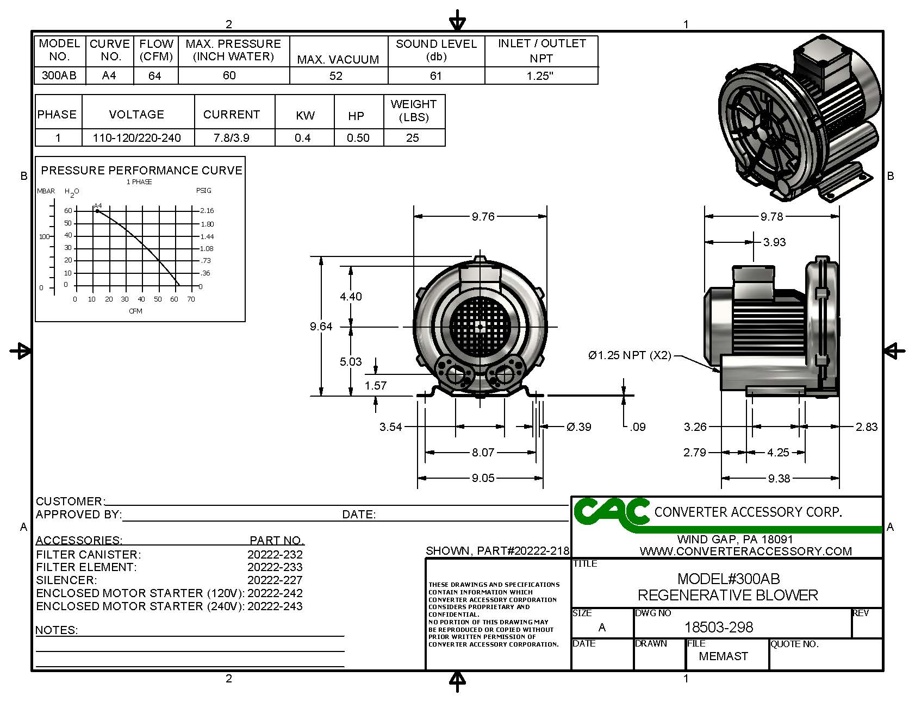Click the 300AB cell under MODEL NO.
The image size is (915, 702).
click(x=59, y=76)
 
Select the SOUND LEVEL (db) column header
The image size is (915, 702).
click(x=436, y=50)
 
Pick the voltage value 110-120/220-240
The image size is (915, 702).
click(x=136, y=138)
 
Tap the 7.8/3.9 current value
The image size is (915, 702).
click(x=232, y=138)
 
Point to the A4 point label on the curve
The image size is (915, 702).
click(x=98, y=205)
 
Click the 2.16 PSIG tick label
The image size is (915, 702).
click(x=207, y=211)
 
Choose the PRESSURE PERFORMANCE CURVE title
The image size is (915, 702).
click(x=141, y=171)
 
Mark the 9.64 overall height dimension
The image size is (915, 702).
click(x=321, y=327)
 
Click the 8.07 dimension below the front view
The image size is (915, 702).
click(x=483, y=452)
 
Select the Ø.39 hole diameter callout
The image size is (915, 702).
click(x=578, y=427)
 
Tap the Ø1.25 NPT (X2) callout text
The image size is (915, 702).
click(x=630, y=355)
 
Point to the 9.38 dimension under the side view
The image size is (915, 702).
click(x=779, y=479)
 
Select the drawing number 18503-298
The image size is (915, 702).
click(x=718, y=628)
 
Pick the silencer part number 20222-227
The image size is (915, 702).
click(x=275, y=580)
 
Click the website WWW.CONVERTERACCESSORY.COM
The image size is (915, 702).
click(x=745, y=551)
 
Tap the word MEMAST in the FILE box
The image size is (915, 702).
click(x=723, y=656)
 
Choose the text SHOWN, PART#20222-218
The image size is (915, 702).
click(x=497, y=551)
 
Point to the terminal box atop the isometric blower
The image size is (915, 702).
click(x=821, y=54)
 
